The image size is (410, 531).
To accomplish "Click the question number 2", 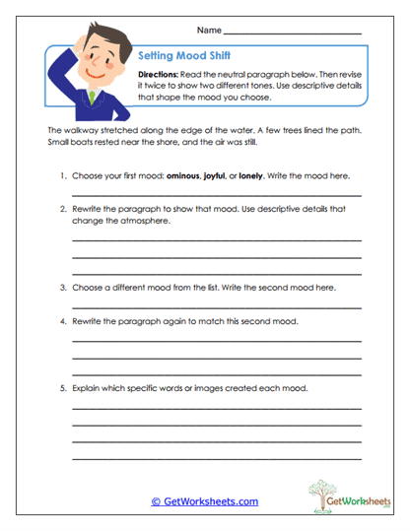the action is point(62,210).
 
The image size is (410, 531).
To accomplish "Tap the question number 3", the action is point(62,288).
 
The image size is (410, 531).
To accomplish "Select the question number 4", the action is point(62,322).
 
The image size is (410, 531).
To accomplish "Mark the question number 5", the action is point(62,388).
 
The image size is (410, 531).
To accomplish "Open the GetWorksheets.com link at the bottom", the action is point(204,501).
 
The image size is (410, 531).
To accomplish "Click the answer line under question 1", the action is point(216,196).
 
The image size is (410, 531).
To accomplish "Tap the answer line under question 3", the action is point(216,306).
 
